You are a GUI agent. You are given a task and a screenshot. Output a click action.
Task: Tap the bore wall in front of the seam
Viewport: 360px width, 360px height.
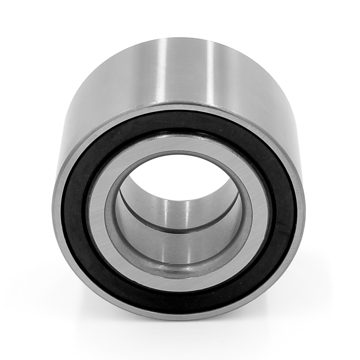coord(180,247)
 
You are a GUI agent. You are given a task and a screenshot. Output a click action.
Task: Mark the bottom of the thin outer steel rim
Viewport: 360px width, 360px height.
coord(180,316)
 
